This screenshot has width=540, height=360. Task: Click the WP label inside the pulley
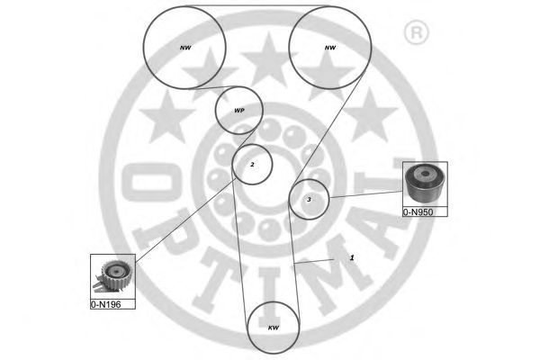coord(238,112)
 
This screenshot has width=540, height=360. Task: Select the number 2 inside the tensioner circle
coord(253,165)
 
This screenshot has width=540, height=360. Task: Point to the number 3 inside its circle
coord(309,199)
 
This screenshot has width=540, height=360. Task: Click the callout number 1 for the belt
coord(352,257)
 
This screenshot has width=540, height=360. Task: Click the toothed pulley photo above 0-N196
coord(112,276)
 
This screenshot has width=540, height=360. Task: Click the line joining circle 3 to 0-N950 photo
coord(364,195)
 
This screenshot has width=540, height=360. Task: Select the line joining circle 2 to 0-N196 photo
coord(180,221)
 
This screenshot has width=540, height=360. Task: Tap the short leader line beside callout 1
coord(319,261)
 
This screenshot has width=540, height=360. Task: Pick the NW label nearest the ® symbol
coord(330,47)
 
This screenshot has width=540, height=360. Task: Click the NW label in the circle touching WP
coord(186,47)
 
